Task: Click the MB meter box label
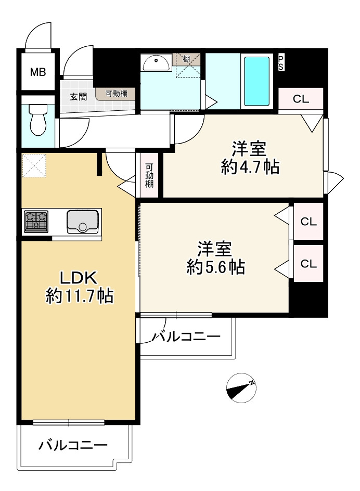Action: coord(37,72)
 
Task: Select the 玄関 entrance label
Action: coord(79,96)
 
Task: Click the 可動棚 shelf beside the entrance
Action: coord(115,94)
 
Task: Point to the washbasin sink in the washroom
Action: coord(156,63)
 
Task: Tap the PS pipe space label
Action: coord(281,63)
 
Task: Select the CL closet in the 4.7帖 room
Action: coord(301,100)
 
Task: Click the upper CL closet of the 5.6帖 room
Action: coord(308,222)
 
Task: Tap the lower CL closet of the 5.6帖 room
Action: coord(308,264)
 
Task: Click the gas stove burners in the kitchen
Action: coord(36,221)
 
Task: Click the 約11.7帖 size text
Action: coord(80,296)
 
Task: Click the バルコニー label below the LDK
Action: coord(73,446)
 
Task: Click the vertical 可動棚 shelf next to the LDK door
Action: coord(149,176)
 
